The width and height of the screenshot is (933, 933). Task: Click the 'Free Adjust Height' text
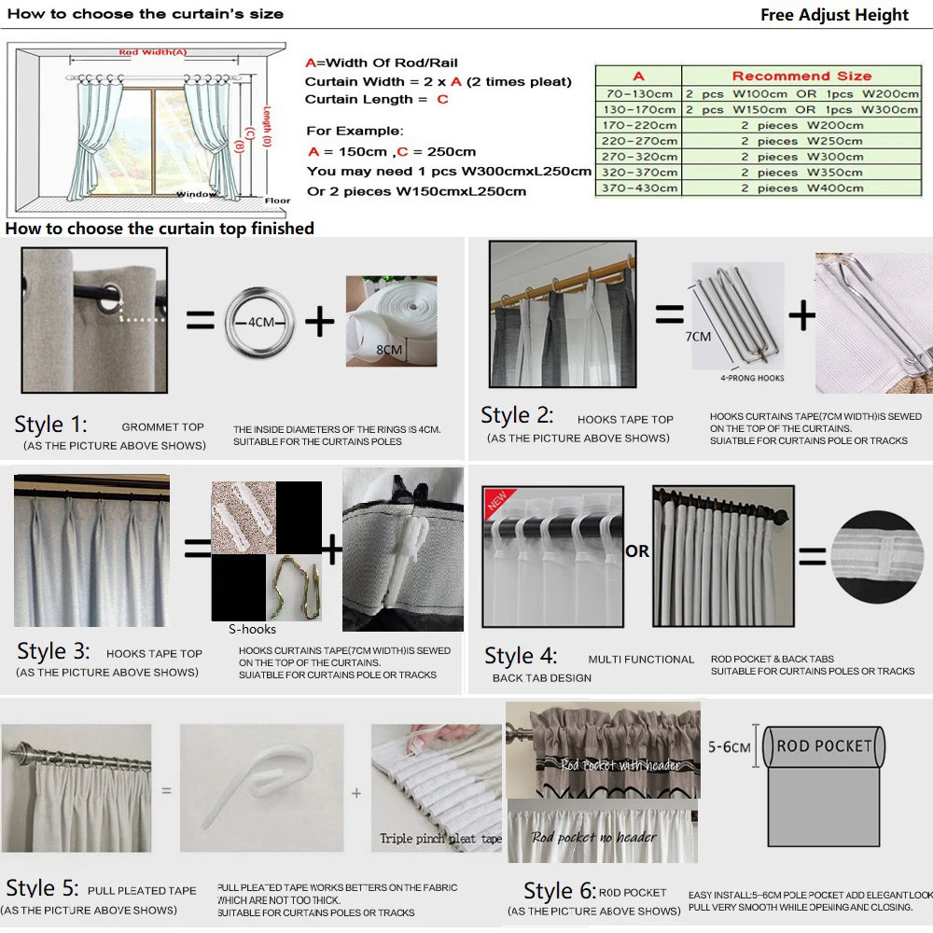(x=834, y=15)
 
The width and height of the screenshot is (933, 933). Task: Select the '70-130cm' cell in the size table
(x=638, y=93)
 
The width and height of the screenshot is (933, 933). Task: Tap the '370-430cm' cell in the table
(x=638, y=188)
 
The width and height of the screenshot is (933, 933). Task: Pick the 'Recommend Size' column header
(x=801, y=77)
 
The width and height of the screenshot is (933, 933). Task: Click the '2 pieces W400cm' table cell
(x=801, y=188)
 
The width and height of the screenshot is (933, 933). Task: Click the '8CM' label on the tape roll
(x=389, y=350)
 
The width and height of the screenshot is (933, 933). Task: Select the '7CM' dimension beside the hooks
(x=698, y=336)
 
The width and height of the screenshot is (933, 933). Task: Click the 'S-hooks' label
(x=252, y=630)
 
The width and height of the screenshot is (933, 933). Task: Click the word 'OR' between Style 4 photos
(x=637, y=551)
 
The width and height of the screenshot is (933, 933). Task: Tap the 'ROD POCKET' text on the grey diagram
(x=824, y=746)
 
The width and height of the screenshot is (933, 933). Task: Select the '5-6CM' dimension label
(x=729, y=747)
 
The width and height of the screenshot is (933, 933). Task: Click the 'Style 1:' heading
(x=50, y=425)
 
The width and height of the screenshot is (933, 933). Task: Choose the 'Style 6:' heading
(x=560, y=891)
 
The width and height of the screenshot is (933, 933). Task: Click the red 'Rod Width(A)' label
(x=153, y=53)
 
